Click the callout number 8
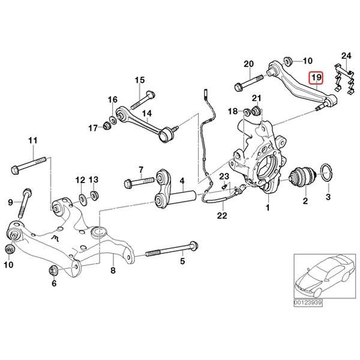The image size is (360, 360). tap(112, 271)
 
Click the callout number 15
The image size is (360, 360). tap(139, 80)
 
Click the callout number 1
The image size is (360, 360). tap(268, 208)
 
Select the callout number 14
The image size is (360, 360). tap(146, 112)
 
